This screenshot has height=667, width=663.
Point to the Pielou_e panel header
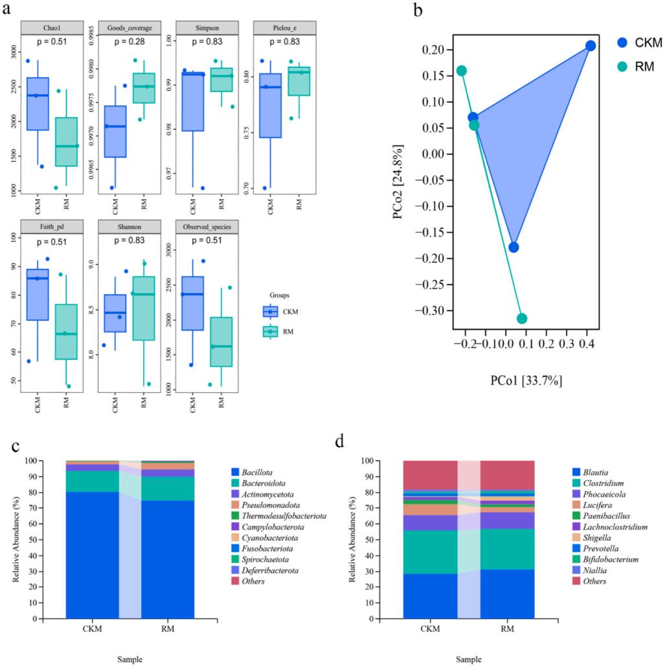pos(285,28)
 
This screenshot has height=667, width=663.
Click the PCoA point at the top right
pos(590,46)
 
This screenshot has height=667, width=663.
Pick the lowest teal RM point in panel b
pos(522,318)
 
